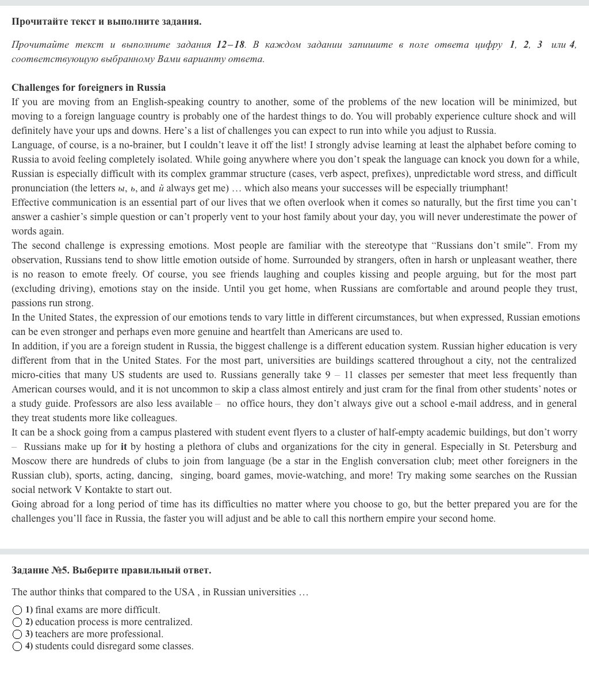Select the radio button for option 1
(x=17, y=610)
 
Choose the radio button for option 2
(x=17, y=622)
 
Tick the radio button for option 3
(x=17, y=634)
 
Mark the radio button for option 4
(x=17, y=646)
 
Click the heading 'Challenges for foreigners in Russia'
(x=89, y=88)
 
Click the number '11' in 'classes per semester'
(x=349, y=375)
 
